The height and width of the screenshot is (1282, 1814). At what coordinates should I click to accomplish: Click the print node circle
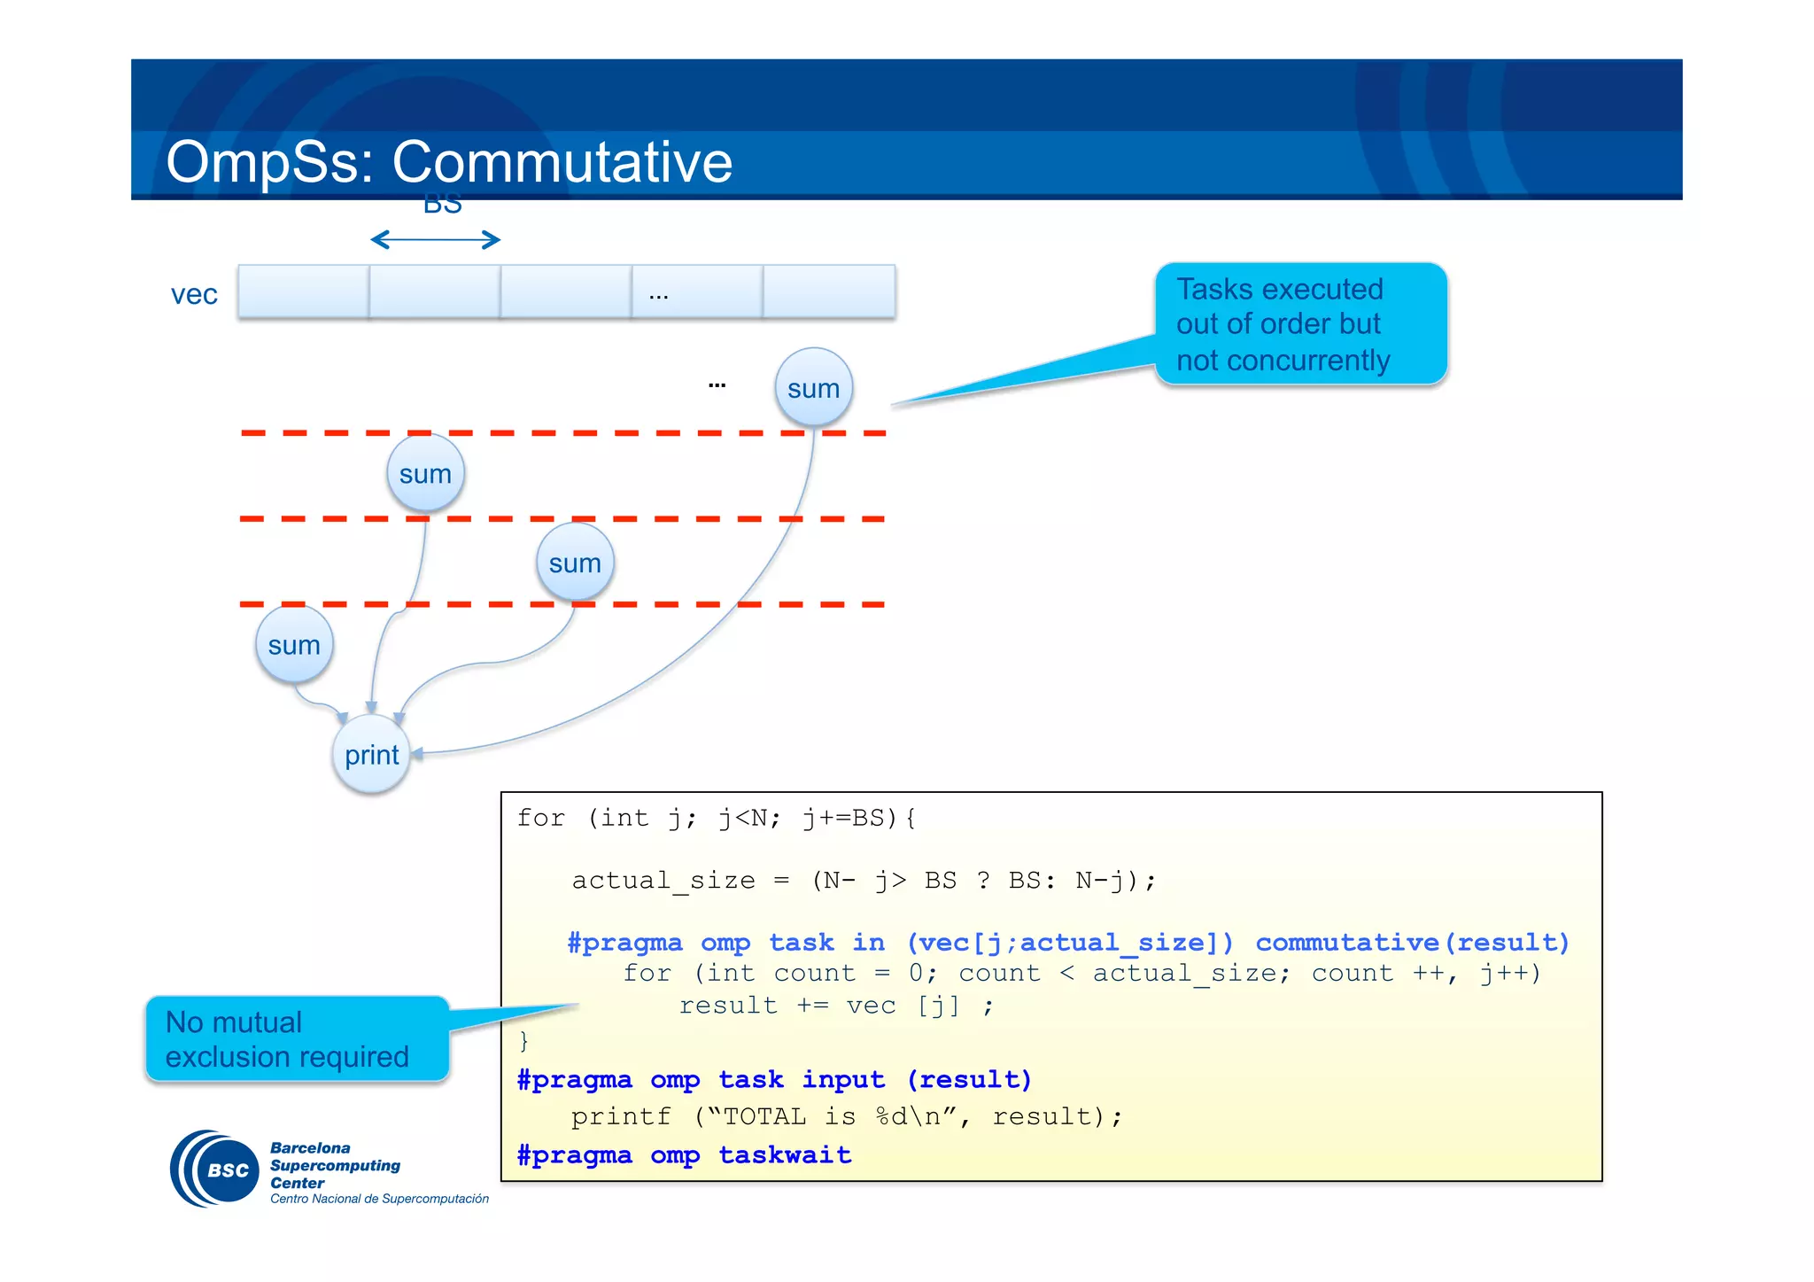(371, 755)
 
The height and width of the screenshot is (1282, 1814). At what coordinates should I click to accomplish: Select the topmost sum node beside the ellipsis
(813, 388)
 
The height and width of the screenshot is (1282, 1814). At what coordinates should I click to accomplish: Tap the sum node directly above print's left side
(294, 645)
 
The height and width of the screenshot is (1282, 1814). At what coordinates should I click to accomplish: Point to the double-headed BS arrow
(435, 239)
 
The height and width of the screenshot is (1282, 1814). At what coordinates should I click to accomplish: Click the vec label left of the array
(194, 294)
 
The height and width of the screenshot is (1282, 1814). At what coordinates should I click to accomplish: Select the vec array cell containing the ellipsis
(697, 291)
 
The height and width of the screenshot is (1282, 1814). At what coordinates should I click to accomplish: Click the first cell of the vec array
(303, 291)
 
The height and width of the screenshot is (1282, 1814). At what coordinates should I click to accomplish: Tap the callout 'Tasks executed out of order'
(1299, 324)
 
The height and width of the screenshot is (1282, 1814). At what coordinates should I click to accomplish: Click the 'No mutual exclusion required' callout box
(297, 1038)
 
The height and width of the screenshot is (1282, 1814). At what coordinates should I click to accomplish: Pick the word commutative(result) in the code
(1412, 942)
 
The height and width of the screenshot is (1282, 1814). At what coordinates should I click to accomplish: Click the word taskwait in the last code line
(784, 1154)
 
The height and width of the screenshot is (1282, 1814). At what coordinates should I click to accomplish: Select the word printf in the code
(621, 1116)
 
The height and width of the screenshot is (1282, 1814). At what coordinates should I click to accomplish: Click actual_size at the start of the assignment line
(663, 880)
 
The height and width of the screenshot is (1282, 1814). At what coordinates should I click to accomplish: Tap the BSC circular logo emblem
(216, 1169)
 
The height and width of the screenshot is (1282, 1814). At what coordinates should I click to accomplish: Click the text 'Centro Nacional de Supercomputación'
(379, 1199)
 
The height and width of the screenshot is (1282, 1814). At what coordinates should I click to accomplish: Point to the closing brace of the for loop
(523, 1040)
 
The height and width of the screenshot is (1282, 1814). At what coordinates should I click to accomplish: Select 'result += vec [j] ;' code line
(836, 1006)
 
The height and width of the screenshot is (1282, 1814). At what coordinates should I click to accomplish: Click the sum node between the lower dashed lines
(575, 563)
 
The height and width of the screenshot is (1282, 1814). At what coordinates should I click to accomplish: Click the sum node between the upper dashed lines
(425, 474)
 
